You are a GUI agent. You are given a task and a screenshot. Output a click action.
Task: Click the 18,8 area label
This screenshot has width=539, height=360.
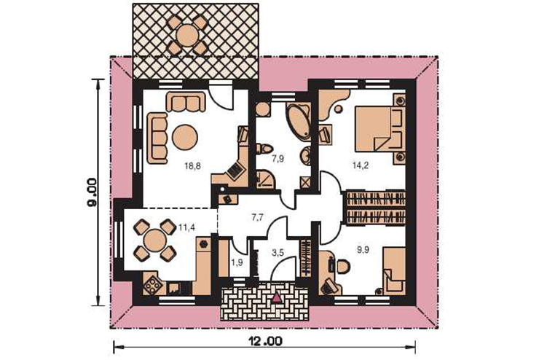192,166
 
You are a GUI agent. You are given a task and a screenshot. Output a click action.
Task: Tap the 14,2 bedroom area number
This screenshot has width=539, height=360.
361,165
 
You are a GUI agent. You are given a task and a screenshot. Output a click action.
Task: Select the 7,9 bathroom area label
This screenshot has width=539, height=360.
278,159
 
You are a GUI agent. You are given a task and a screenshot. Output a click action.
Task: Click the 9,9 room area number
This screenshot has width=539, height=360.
363,250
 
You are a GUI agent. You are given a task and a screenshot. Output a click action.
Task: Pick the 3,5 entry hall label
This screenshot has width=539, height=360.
278,254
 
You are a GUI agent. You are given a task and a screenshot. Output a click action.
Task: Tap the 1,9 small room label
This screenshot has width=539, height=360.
237,263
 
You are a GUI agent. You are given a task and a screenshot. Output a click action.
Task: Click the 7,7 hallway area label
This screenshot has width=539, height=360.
258,217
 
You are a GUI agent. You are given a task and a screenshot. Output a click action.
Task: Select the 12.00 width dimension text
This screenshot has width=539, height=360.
265,342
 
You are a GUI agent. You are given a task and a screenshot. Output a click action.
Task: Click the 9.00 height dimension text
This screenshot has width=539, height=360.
92,192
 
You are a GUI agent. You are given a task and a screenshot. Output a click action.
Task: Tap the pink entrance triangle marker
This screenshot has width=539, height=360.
277,297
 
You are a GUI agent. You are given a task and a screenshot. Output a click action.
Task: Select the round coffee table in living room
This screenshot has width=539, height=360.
185,136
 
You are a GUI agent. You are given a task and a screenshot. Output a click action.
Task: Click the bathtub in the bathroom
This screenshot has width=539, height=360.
299,120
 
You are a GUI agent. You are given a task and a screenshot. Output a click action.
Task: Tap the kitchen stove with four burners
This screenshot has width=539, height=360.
151,285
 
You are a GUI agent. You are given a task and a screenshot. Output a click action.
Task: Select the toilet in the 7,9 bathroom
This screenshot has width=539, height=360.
264,149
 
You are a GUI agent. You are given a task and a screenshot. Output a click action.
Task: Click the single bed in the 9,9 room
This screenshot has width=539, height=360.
394,269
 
